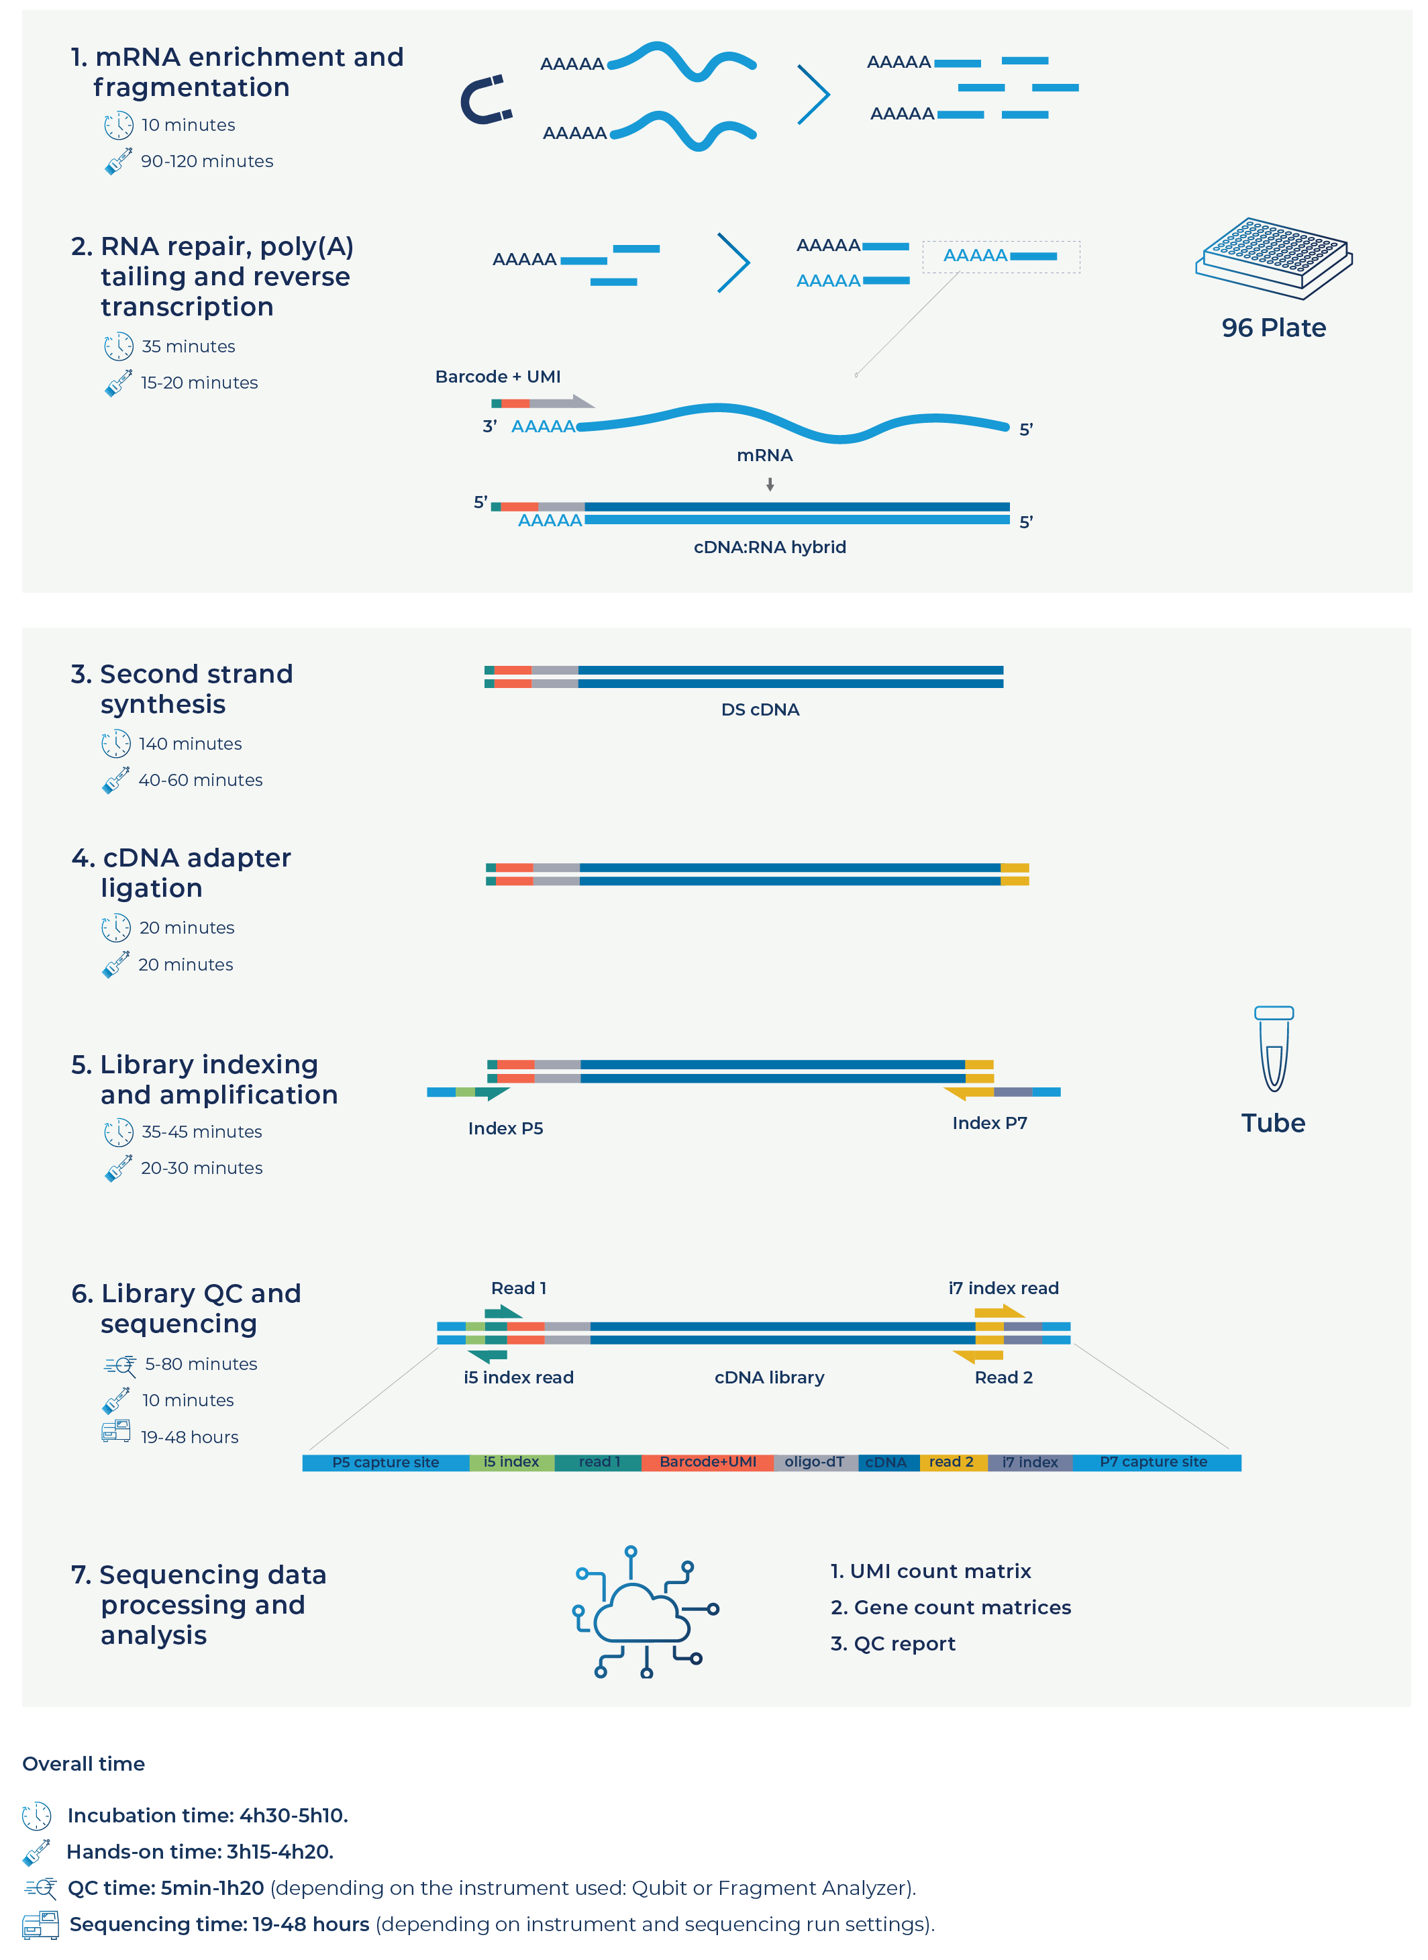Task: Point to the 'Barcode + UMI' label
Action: coord(498,377)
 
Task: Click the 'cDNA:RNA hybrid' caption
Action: coord(769,547)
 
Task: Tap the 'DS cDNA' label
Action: coord(760,709)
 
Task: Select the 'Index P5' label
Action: coord(506,1128)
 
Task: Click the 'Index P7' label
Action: coord(990,1123)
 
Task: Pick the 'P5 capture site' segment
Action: coord(386,1462)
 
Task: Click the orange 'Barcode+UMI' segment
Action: coord(707,1462)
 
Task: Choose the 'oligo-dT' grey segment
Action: coord(814,1462)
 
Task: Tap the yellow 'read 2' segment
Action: coord(952,1462)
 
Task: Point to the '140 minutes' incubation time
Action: coord(190,744)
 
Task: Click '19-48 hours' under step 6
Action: coord(190,1437)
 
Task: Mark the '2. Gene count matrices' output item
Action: coord(950,1607)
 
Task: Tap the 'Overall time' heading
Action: coord(84,1764)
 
